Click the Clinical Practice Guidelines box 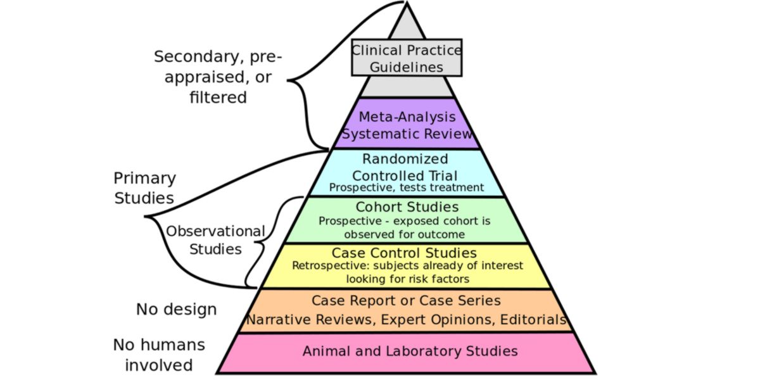click(407, 58)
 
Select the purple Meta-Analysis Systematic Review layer click(407, 125)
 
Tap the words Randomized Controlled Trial click(405, 167)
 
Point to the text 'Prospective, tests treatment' click(407, 187)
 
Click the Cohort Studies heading click(407, 207)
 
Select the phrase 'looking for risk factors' click(407, 279)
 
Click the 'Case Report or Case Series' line click(407, 300)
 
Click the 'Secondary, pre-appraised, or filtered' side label click(218, 77)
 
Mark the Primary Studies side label click(144, 187)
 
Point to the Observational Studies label click(215, 240)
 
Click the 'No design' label click(176, 310)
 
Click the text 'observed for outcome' click(405, 234)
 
